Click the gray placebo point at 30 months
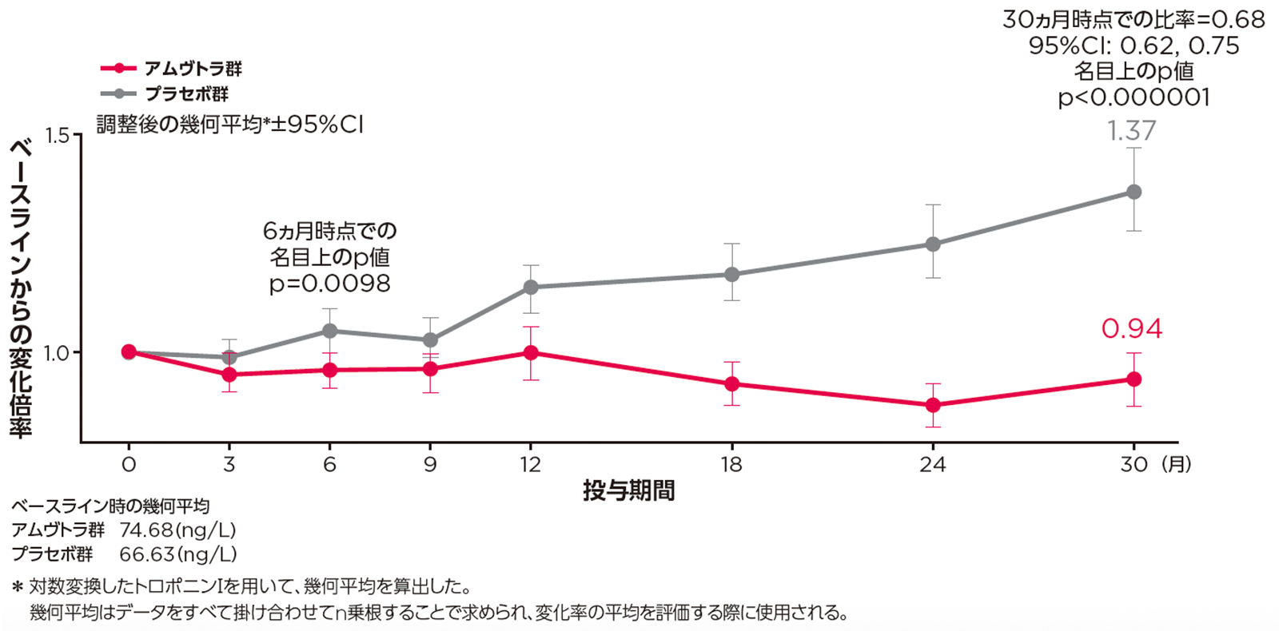[x=1134, y=192]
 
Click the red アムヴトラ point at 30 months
[x=1134, y=379]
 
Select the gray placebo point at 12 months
[x=531, y=287]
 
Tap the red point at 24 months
[x=933, y=405]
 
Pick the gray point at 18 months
[x=731, y=274]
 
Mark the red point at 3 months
[x=229, y=374]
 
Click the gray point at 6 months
[x=329, y=331]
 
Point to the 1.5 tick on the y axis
[x=58, y=135]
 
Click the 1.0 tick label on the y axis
[x=58, y=352]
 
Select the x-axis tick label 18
[x=731, y=464]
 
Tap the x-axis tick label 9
[x=430, y=464]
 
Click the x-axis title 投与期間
[x=628, y=490]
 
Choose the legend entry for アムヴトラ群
[x=192, y=69]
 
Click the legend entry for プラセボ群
[x=186, y=93]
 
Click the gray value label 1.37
[x=1131, y=130]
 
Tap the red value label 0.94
[x=1132, y=328]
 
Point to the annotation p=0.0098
[x=329, y=283]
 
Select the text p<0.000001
[x=1134, y=97]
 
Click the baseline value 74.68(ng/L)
[x=177, y=530]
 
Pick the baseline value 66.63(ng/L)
[x=177, y=554]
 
